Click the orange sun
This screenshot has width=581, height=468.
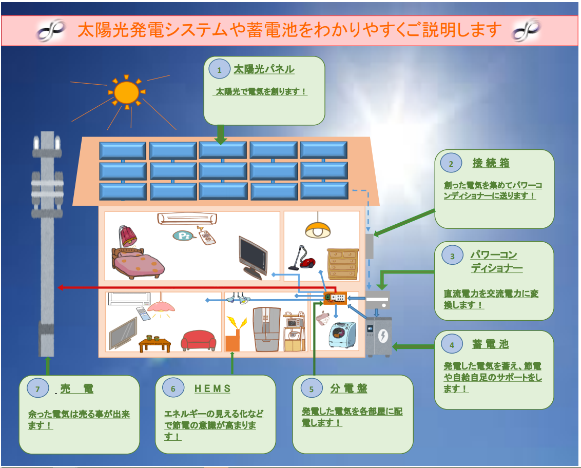[x=126, y=92]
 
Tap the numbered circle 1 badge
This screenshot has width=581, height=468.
[x=220, y=70]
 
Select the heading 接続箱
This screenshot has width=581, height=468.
[x=491, y=163]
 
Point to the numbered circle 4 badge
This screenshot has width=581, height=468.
[x=452, y=345]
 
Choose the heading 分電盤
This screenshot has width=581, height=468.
[x=348, y=388]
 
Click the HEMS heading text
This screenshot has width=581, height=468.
[x=212, y=388]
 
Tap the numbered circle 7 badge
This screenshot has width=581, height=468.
[x=37, y=389]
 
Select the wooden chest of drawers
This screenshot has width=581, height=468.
[x=342, y=264]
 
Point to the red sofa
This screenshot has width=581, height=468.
[x=199, y=340]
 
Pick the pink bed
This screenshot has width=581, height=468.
[x=138, y=262]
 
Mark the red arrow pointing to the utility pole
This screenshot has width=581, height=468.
[x=195, y=287]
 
